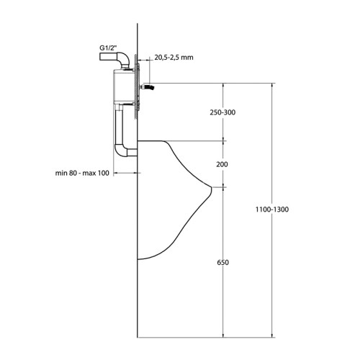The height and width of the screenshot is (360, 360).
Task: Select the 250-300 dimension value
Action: point(222,114)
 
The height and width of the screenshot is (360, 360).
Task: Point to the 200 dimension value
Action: point(222,164)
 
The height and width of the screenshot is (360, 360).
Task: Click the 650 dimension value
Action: point(222,264)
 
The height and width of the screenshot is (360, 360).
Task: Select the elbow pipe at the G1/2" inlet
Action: point(123,57)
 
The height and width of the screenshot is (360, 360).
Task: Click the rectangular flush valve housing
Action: point(123,86)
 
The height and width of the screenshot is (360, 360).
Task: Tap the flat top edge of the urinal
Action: point(155,140)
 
